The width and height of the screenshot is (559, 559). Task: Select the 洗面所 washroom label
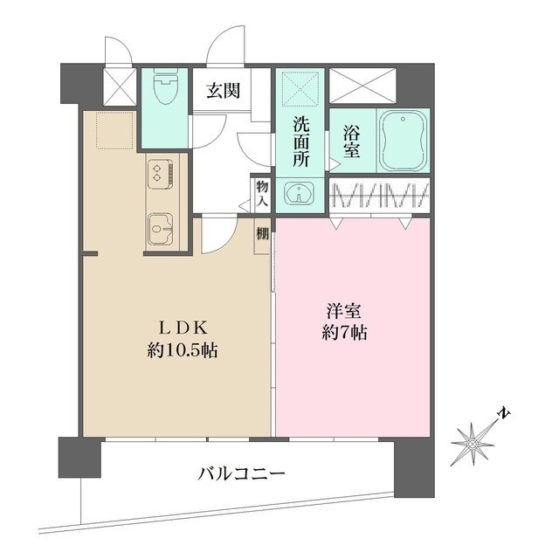coord(300,141)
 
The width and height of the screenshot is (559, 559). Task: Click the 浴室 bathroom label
coord(351,142)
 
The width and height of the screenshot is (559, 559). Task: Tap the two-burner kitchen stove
coord(159,171)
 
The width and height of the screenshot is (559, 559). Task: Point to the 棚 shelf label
coord(262,234)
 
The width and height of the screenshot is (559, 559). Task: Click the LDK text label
coord(182,328)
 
